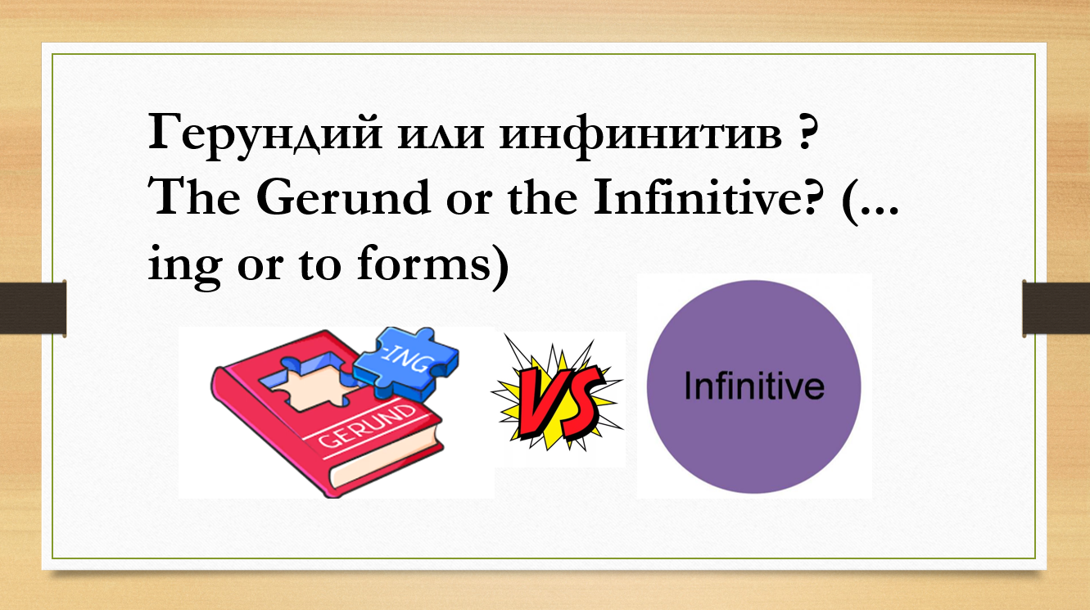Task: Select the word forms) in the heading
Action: click(433, 265)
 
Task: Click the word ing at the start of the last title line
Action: click(185, 267)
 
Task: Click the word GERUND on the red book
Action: click(368, 426)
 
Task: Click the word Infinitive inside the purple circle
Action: click(754, 386)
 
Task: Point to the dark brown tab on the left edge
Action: click(33, 308)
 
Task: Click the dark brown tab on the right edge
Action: click(1056, 308)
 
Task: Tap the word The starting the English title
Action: click(195, 197)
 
